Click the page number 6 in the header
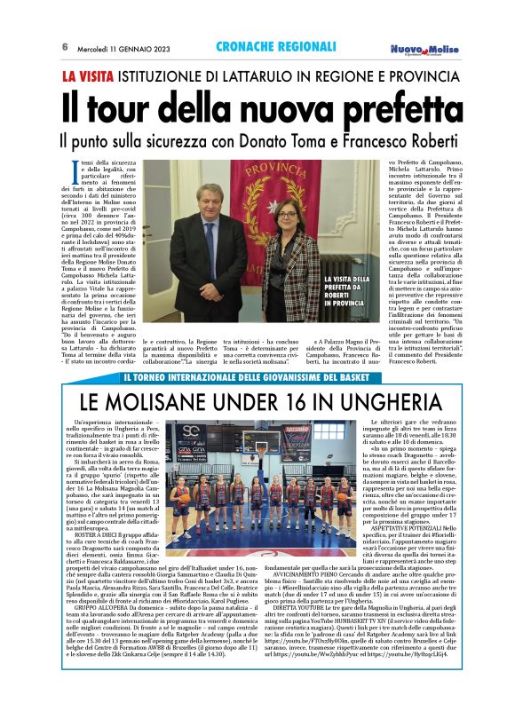(65, 47)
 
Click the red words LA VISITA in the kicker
(91, 76)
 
